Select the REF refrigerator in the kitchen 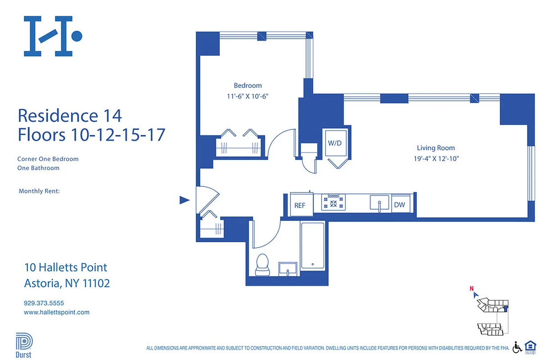(300, 205)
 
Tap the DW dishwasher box (400, 205)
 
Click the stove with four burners (334, 203)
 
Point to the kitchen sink (380, 203)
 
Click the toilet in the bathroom (262, 264)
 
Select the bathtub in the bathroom (312, 246)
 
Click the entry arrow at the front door (185, 200)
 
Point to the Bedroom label (248, 85)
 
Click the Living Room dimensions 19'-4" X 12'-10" (435, 158)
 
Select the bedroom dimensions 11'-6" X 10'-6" (248, 96)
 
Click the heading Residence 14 (70, 116)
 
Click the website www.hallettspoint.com (57, 312)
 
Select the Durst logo (24, 345)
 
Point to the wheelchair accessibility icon (517, 347)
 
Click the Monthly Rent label (39, 191)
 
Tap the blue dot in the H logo (77, 36)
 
